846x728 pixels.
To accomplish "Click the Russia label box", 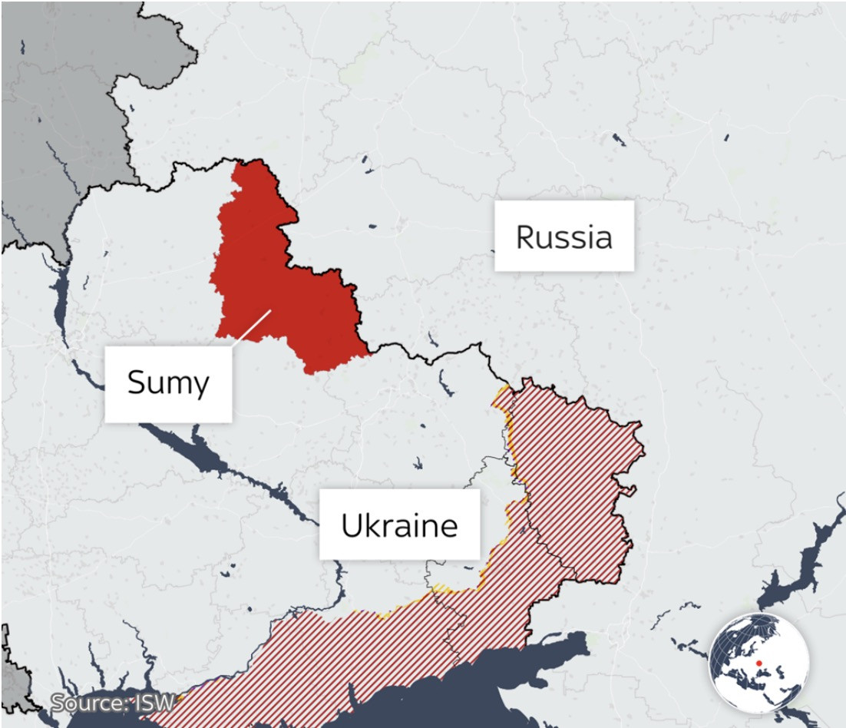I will coord(563,236).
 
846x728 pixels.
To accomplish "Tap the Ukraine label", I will coord(399,525).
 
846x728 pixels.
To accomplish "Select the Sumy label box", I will coord(167,382).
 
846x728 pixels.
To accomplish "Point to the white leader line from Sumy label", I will coord(251,328).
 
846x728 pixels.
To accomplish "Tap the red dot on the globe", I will coord(758,663).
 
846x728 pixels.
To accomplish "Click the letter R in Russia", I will coord(526,237).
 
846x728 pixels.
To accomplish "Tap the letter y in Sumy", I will coord(199,385).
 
